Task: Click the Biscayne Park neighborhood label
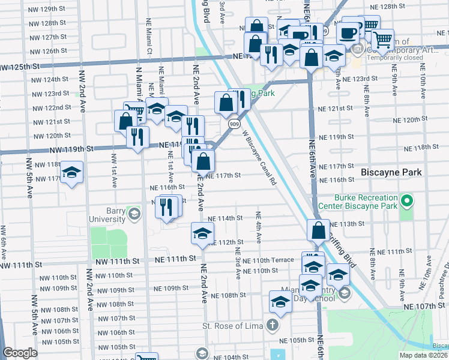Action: (x=392, y=172)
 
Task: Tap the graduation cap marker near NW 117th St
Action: (x=71, y=173)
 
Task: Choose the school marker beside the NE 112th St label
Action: (x=202, y=233)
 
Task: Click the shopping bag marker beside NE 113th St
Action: (x=318, y=230)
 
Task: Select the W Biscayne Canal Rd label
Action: (x=259, y=157)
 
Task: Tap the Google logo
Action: (x=20, y=353)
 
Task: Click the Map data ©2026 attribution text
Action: (x=423, y=355)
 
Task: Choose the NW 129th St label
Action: (x=49, y=9)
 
